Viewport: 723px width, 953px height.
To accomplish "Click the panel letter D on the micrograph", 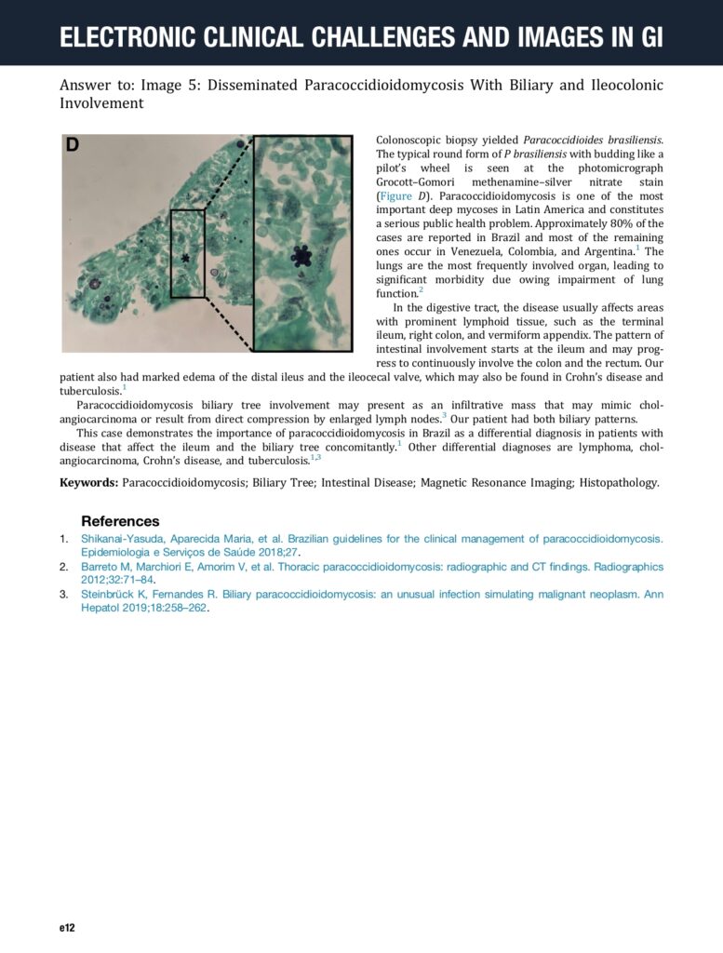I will pos(73,146).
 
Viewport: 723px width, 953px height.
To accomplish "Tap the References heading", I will pos(120,521).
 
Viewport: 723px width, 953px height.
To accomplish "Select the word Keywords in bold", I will pos(88,483).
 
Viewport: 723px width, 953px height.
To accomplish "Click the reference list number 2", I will pos(64,566).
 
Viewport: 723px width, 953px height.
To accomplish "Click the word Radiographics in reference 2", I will pos(630,566).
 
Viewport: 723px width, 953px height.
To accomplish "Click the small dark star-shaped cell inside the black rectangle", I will pos(185,258).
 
